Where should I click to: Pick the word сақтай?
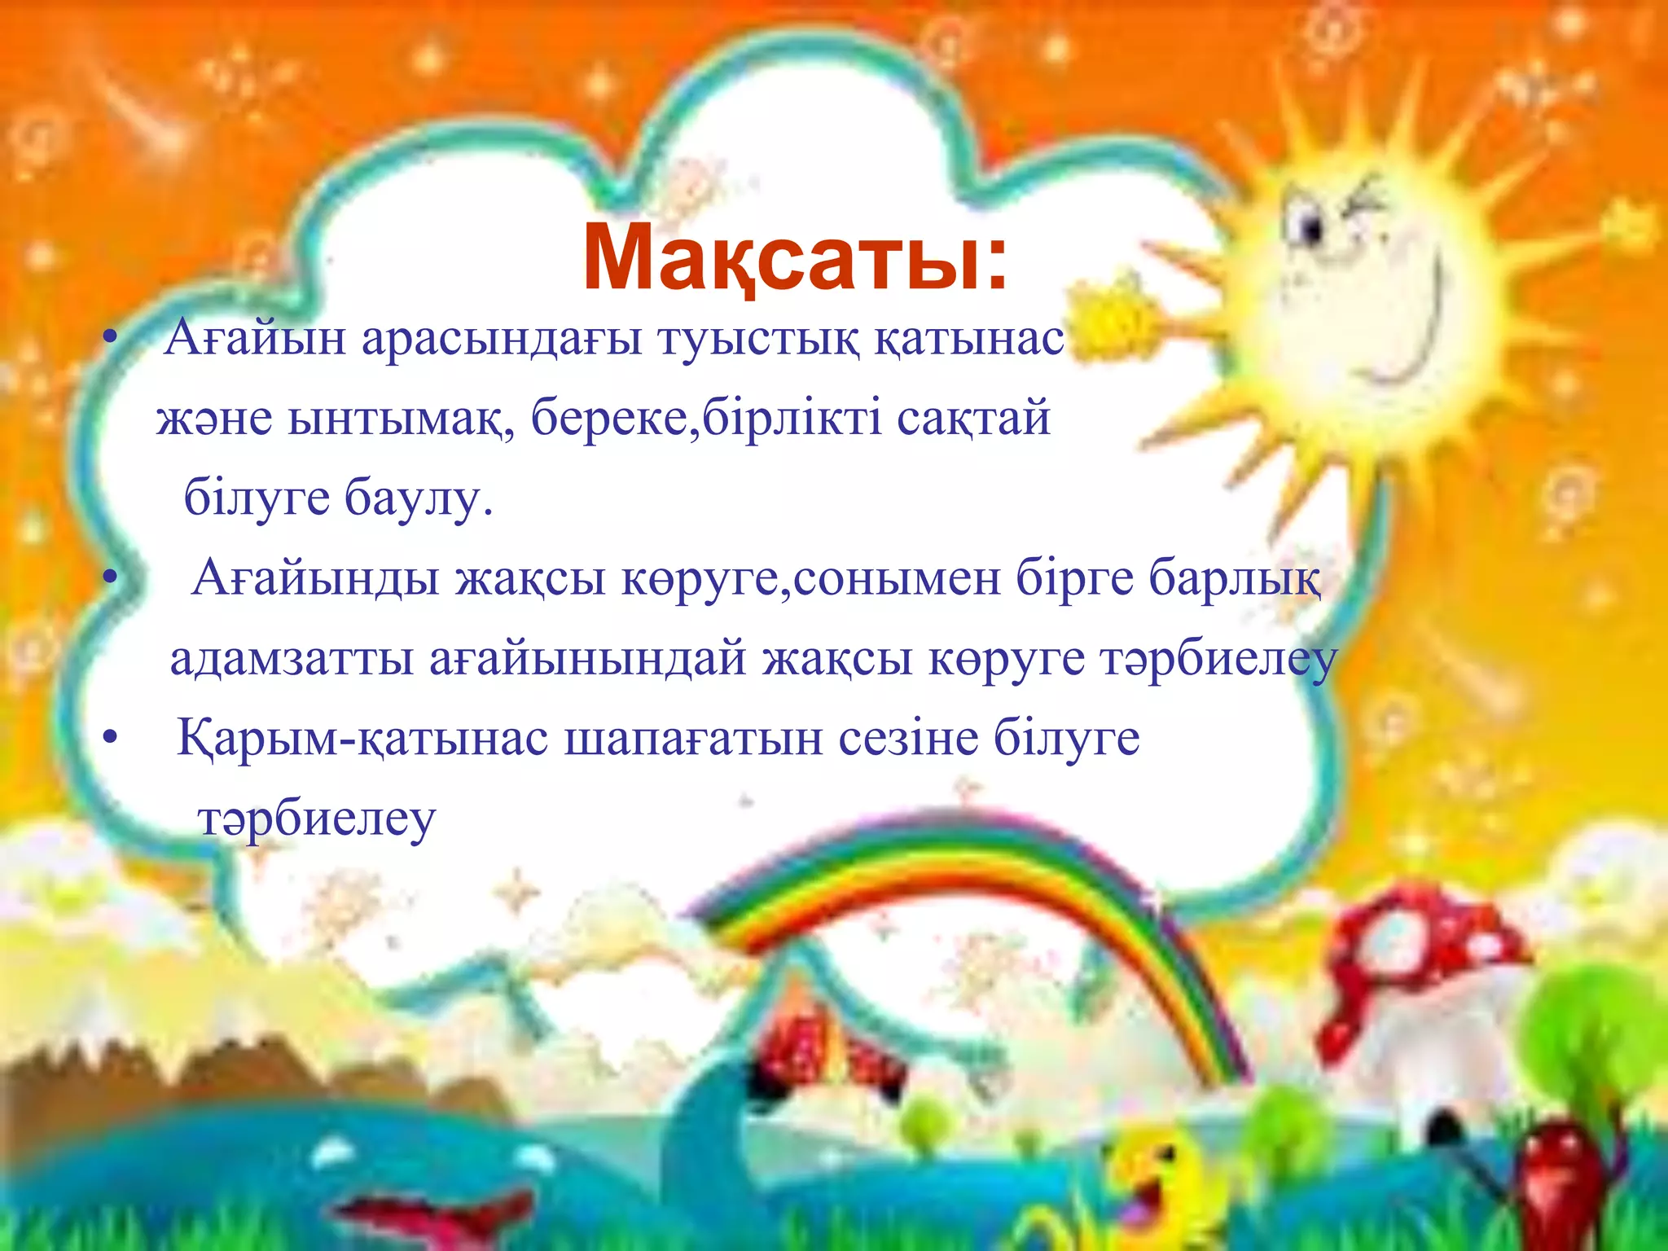973,420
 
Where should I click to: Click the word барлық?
1236,580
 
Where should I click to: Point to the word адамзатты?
292,660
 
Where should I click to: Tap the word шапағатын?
694,740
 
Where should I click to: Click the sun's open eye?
1312,227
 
